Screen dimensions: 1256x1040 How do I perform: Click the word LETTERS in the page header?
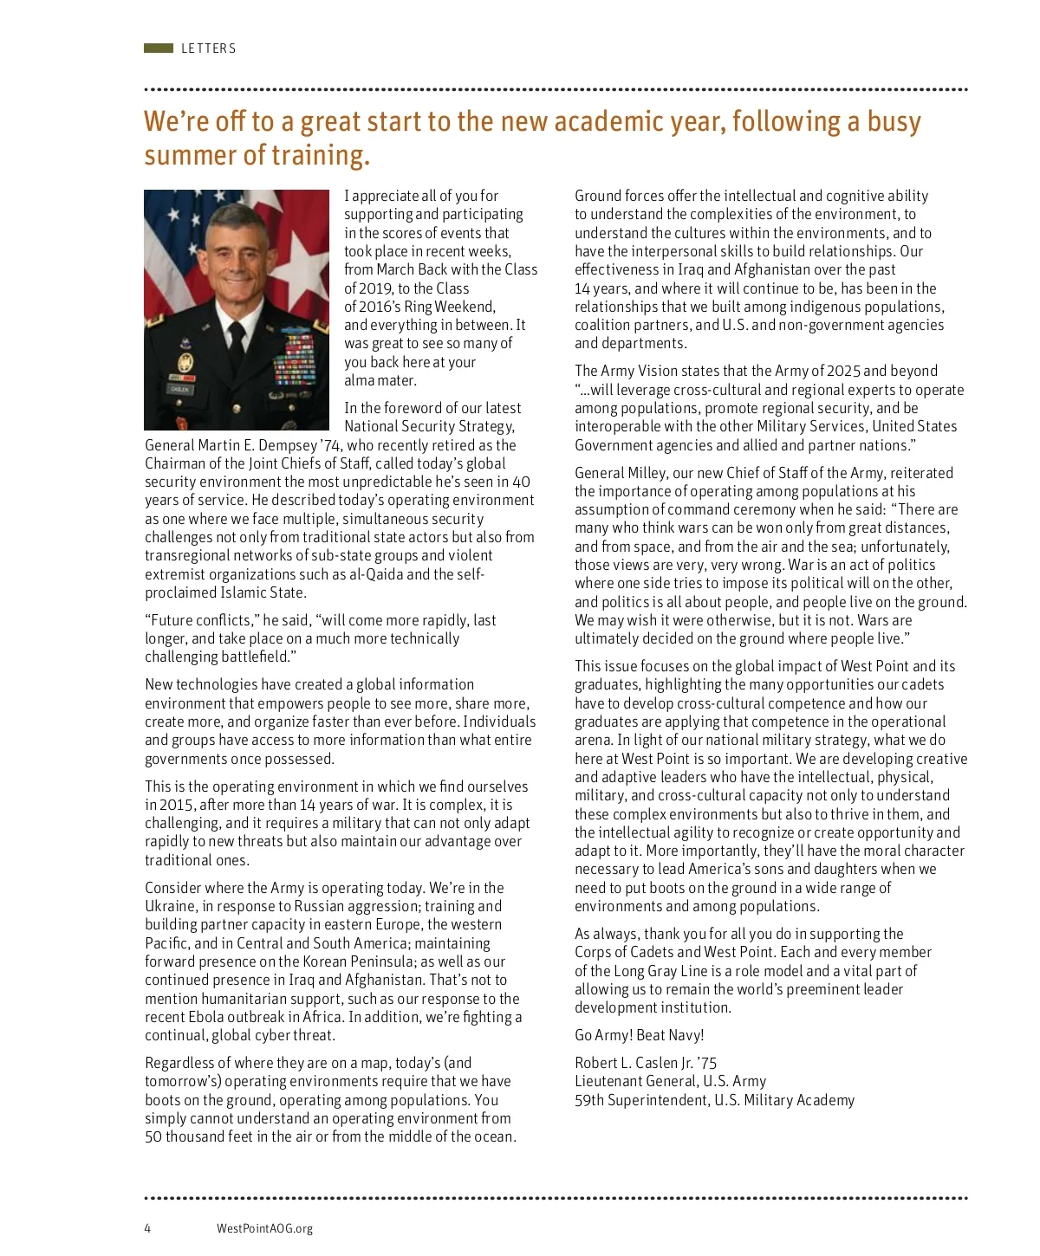pyautogui.click(x=208, y=49)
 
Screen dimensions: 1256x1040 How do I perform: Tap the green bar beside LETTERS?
pyautogui.click(x=159, y=49)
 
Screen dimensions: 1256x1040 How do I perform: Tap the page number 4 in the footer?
pyautogui.click(x=147, y=1228)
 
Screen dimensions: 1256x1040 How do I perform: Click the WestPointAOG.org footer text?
pyautogui.click(x=264, y=1228)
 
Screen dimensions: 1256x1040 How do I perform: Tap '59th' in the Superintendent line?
pyautogui.click(x=588, y=1100)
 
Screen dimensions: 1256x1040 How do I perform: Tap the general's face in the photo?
pyautogui.click(x=237, y=259)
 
